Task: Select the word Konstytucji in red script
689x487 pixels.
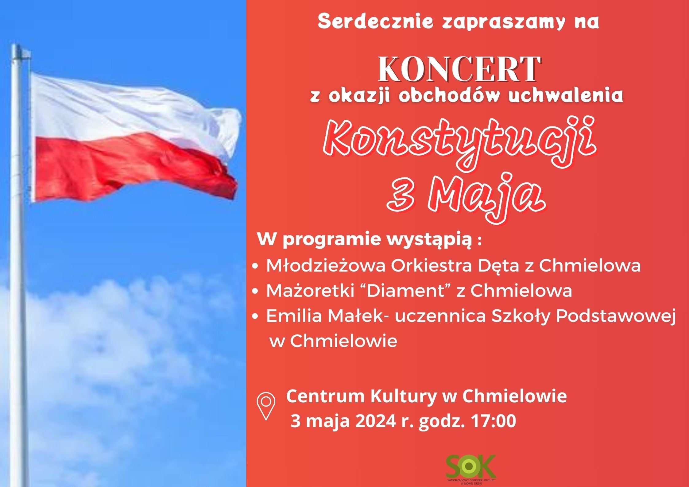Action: (459, 145)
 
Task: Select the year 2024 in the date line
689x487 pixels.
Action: (375, 421)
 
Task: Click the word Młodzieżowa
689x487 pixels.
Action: (326, 265)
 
